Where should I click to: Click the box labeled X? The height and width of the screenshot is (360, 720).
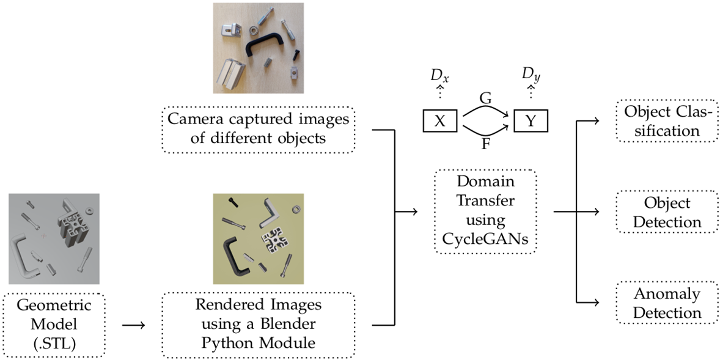coord(439,120)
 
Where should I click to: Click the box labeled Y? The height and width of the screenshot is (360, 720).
coord(531,120)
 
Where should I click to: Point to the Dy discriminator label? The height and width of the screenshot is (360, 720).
coord(531,76)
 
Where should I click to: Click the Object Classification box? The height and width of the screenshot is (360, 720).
coord(666,120)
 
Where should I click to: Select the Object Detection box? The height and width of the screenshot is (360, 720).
coord(666,211)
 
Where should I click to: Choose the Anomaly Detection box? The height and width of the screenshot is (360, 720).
coord(666,303)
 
